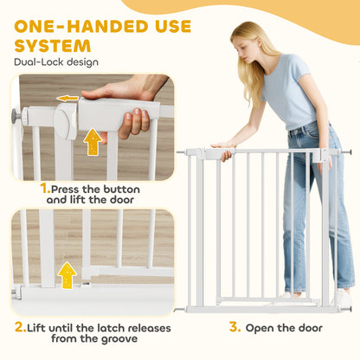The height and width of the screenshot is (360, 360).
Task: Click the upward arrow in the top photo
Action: pos(93,141)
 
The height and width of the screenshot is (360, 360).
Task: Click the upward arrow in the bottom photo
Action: pos(67,275)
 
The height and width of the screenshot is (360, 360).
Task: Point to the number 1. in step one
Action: pos(45,187)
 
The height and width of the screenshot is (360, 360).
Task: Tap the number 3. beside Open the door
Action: pos(234,327)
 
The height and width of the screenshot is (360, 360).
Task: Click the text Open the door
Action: pos(283,328)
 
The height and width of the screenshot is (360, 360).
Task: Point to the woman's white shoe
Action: pos(342,297)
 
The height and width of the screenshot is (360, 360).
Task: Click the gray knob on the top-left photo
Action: pos(16,116)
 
